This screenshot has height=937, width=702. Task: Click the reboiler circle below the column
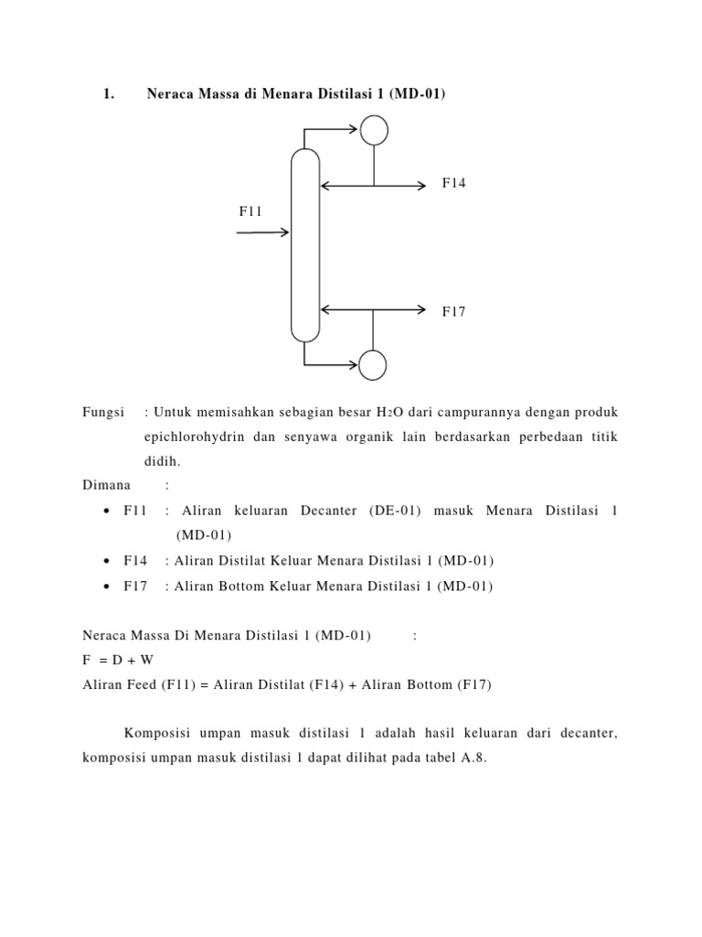pyautogui.click(x=372, y=365)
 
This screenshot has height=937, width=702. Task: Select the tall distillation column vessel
pyautogui.click(x=304, y=244)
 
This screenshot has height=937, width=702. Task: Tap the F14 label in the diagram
pyautogui.click(x=454, y=183)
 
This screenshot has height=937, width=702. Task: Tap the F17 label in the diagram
pyautogui.click(x=454, y=311)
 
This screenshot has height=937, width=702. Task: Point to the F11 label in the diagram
pyautogui.click(x=251, y=211)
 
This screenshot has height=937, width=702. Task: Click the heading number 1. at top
pyautogui.click(x=108, y=93)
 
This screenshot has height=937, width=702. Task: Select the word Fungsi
pyautogui.click(x=103, y=413)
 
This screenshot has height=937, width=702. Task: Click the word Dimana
pyautogui.click(x=107, y=484)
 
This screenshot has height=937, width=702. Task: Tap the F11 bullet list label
pyautogui.click(x=135, y=510)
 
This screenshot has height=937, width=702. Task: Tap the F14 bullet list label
pyautogui.click(x=135, y=560)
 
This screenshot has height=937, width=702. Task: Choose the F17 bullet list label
pyautogui.click(x=135, y=586)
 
